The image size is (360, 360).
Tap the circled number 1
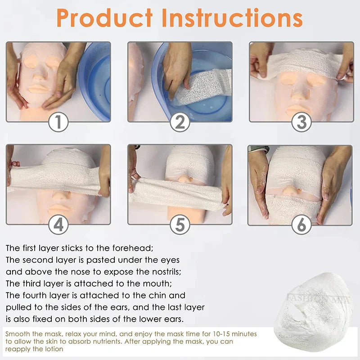point(58,122)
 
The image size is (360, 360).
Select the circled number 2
point(180,122)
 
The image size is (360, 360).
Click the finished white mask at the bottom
point(315,310)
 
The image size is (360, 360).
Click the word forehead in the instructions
point(135,248)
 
